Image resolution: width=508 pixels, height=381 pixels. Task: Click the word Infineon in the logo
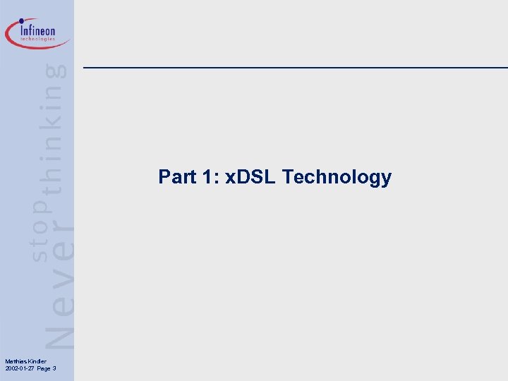38,30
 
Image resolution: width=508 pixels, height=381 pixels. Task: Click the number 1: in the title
210,176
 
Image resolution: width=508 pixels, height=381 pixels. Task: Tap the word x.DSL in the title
250,176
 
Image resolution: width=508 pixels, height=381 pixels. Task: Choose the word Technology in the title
337,176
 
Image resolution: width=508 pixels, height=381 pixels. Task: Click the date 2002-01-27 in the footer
18,368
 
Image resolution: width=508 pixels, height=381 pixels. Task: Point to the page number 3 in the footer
54,368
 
